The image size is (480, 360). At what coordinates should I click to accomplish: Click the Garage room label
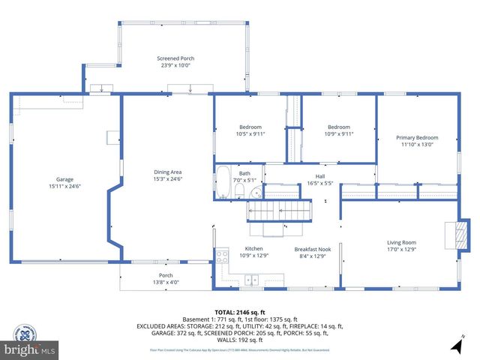64,179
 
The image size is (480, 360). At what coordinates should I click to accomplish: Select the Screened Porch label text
175,58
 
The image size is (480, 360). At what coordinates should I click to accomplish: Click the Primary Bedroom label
417,137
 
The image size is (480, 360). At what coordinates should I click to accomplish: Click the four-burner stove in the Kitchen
223,256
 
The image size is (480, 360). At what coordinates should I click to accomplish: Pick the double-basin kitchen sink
252,280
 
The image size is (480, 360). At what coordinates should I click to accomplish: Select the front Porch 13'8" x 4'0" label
166,279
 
